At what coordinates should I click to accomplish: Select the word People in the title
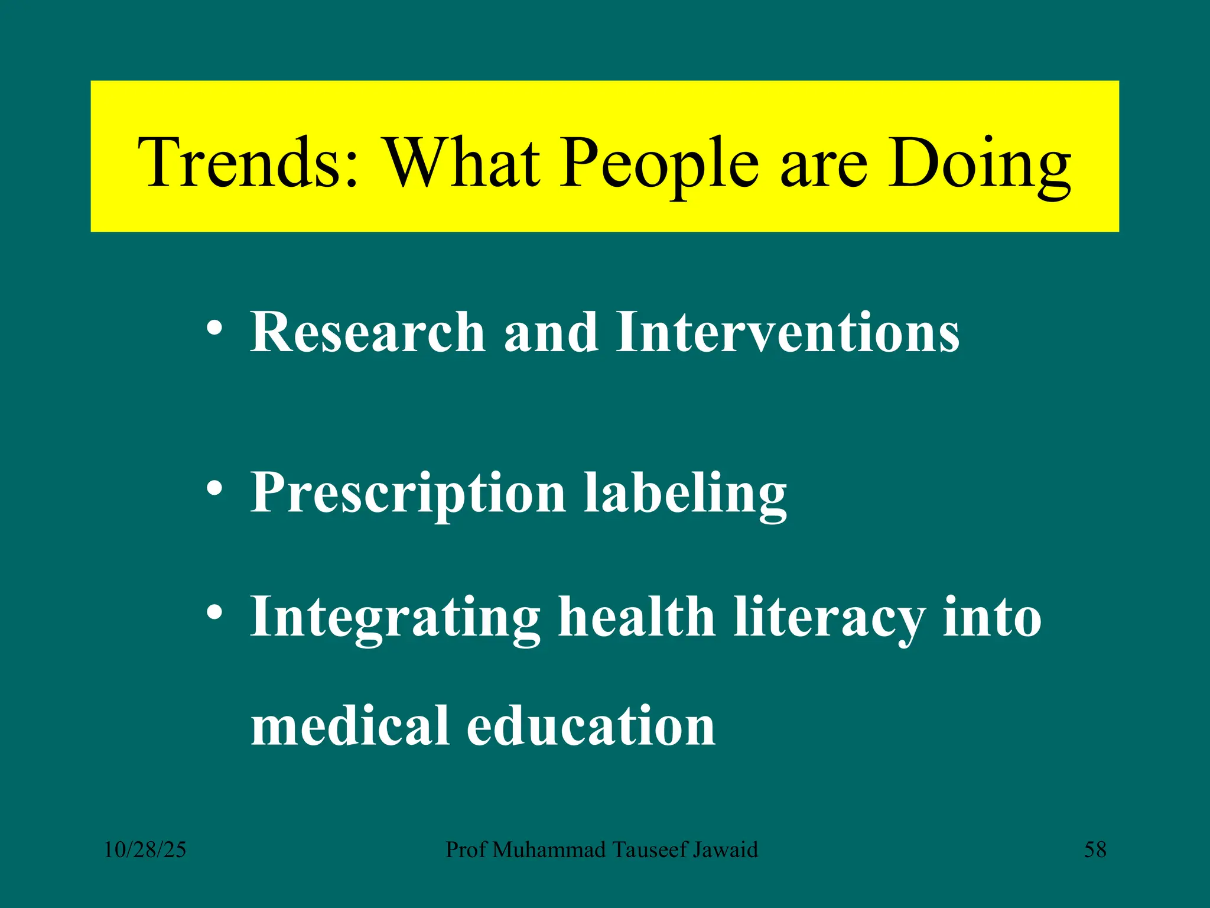tap(659, 163)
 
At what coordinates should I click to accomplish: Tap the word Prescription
tap(408, 494)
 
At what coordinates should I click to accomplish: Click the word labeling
tap(685, 494)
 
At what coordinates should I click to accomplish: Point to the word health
tap(636, 618)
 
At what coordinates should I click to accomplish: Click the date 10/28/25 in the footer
tap(145, 850)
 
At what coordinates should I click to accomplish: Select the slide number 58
tap(1095, 850)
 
